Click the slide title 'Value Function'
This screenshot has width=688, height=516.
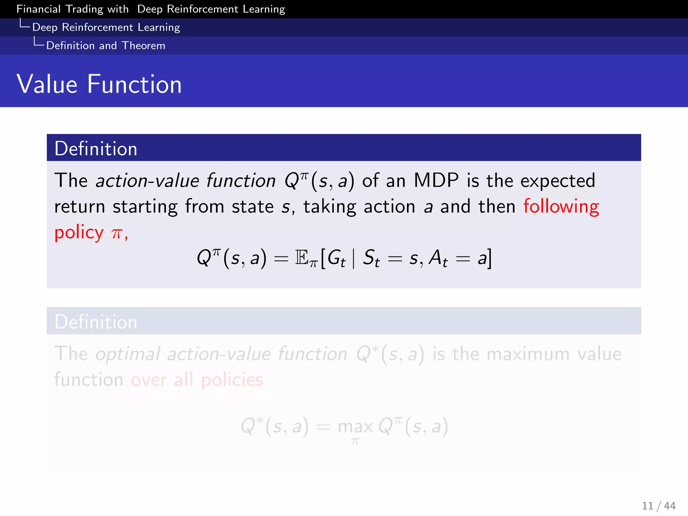pyautogui.click(x=99, y=84)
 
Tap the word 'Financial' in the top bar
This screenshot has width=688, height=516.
pyautogui.click(x=38, y=9)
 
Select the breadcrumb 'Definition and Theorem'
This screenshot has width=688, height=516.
pyautogui.click(x=105, y=45)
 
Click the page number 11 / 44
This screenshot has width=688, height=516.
pyautogui.click(x=658, y=506)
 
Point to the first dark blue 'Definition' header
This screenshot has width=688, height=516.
pyautogui.click(x=96, y=148)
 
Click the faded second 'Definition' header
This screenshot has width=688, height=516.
pyautogui.click(x=96, y=322)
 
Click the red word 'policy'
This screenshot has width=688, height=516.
pyautogui.click(x=79, y=232)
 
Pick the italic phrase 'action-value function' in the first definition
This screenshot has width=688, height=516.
pyautogui.click(x=185, y=181)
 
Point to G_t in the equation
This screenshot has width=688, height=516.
pyautogui.click(x=336, y=259)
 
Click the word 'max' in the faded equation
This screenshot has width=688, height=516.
pyautogui.click(x=355, y=427)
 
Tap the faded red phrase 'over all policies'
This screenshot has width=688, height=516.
pyautogui.click(x=197, y=380)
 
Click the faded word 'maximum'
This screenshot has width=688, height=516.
pyautogui.click(x=528, y=354)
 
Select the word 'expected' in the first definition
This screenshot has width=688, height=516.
pyautogui.click(x=558, y=181)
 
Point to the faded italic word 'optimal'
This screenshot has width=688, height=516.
pyautogui.click(x=128, y=354)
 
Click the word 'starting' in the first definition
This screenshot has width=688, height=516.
pyautogui.click(x=145, y=207)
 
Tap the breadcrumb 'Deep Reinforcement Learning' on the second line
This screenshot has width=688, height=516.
pyautogui.click(x=106, y=27)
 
